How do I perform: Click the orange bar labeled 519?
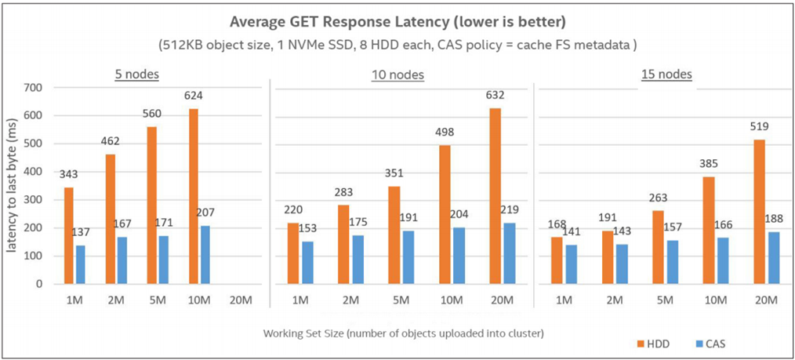coord(759,212)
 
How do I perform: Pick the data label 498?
coord(445,132)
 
